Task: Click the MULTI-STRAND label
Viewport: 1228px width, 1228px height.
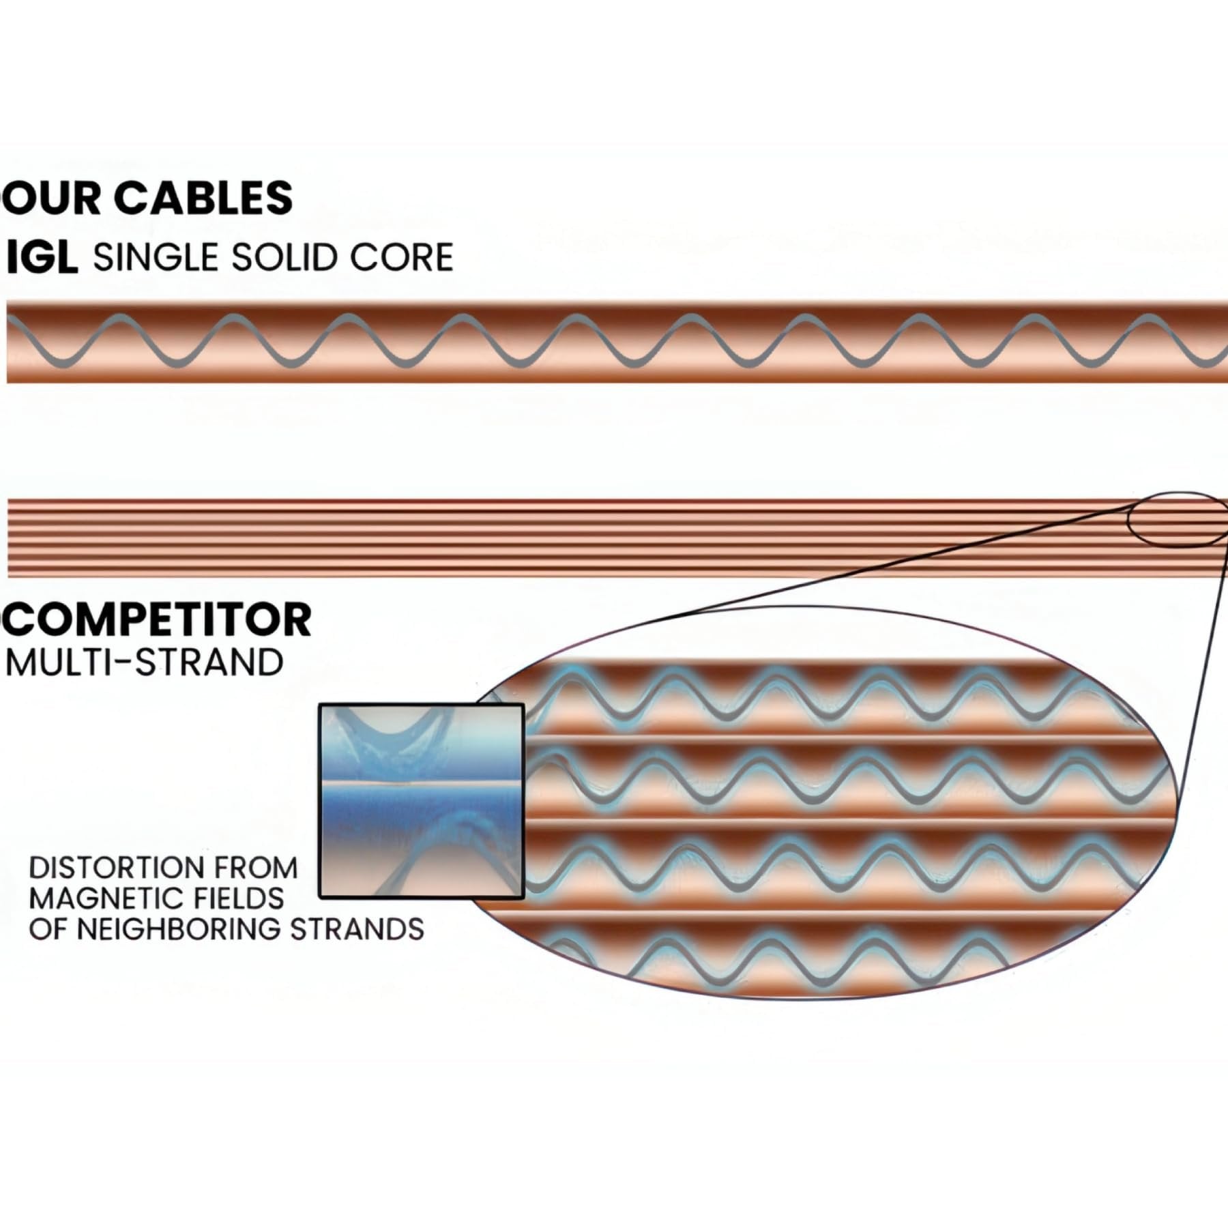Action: [x=145, y=662]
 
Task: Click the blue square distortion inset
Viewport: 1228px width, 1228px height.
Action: [x=421, y=801]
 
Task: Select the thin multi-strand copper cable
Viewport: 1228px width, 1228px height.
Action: [x=546, y=539]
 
